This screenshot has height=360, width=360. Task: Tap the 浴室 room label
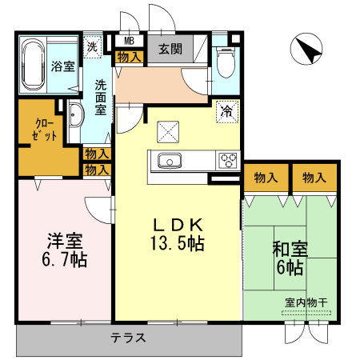[x=62, y=67]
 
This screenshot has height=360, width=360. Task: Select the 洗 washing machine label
[x=93, y=47]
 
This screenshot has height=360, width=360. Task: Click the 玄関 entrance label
[x=170, y=49]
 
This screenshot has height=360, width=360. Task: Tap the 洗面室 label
[x=102, y=95]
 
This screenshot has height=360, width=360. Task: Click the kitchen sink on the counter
[x=170, y=160]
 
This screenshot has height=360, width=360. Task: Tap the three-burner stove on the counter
[x=228, y=160]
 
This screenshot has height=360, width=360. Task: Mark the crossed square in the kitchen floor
[x=169, y=130]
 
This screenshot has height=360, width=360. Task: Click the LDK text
[x=177, y=225]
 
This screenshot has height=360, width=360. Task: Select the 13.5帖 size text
[x=177, y=242]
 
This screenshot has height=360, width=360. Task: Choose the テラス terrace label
[x=128, y=338]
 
